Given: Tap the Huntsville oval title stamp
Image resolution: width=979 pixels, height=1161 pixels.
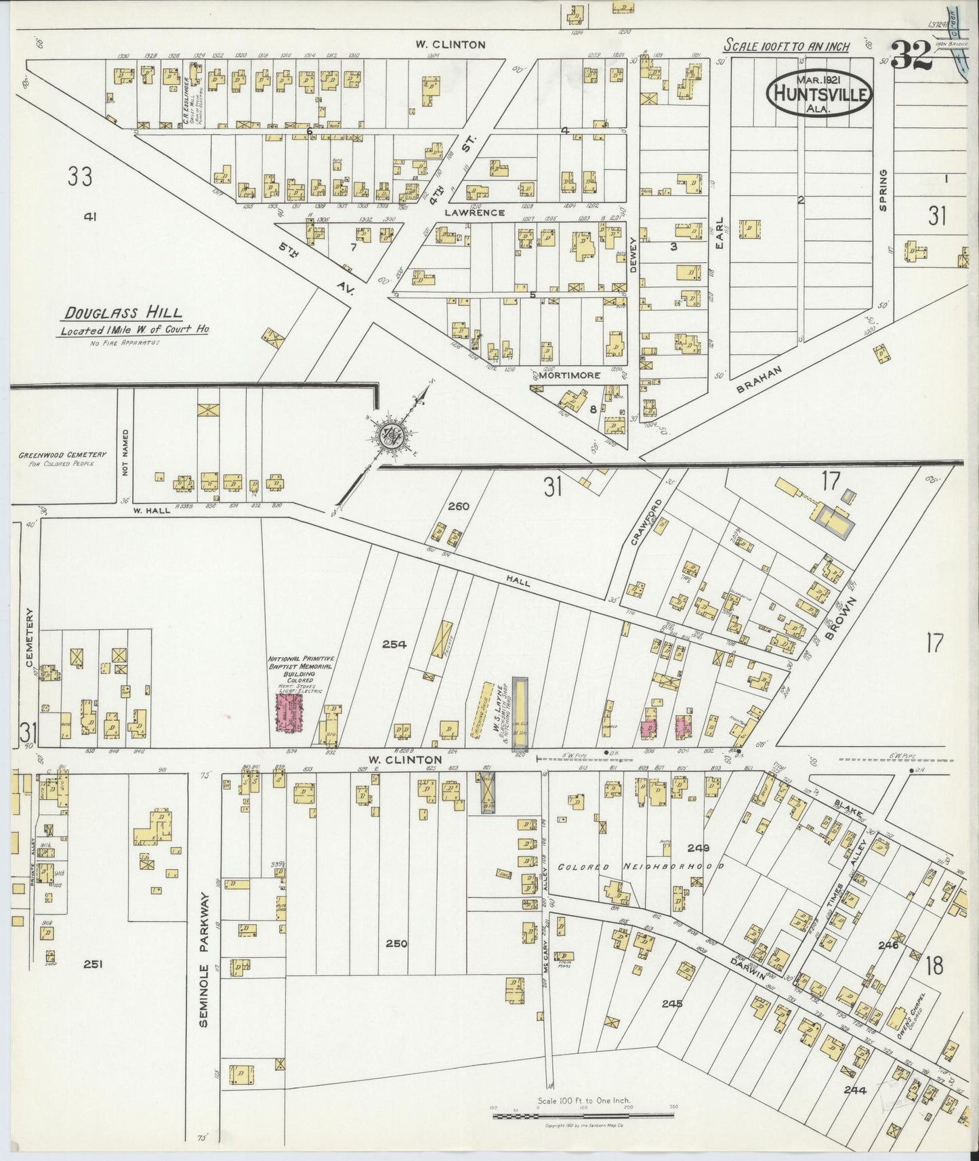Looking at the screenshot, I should (x=820, y=93).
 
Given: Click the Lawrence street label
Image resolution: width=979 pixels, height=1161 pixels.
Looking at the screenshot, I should (x=474, y=212).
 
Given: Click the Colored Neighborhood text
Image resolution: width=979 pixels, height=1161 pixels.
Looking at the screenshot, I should (x=641, y=866).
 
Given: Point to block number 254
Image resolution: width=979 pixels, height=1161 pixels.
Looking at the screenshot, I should (x=394, y=644).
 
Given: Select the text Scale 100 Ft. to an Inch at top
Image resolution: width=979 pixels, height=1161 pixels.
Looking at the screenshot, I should (x=787, y=46).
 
